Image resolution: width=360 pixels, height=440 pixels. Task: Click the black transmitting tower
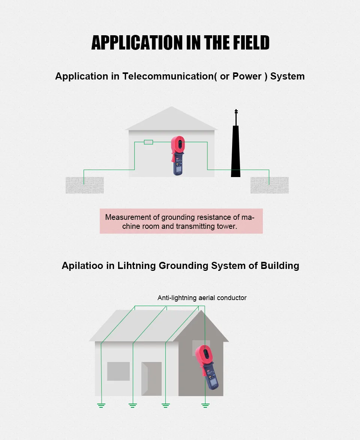click(x=235, y=154)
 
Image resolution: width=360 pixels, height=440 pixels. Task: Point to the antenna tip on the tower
click(x=236, y=112)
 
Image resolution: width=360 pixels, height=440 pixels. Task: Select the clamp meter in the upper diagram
click(x=177, y=156)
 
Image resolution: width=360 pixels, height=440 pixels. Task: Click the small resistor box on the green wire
click(x=148, y=142)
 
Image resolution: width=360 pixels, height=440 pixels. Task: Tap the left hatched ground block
click(x=85, y=185)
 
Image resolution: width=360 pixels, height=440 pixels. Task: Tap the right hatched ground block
click(x=269, y=185)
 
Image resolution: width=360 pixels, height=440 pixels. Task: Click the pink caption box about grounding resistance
click(x=181, y=221)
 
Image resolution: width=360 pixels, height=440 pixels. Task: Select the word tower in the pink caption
click(x=226, y=227)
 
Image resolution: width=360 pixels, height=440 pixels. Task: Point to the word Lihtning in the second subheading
click(x=136, y=266)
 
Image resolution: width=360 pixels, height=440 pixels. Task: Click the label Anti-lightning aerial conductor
click(x=202, y=298)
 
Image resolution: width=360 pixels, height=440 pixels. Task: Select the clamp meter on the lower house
click(x=207, y=365)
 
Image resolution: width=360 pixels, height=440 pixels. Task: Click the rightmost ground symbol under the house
click(x=205, y=405)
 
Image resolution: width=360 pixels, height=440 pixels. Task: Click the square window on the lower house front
click(x=118, y=371)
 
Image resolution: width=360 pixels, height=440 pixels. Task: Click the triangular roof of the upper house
click(x=171, y=119)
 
